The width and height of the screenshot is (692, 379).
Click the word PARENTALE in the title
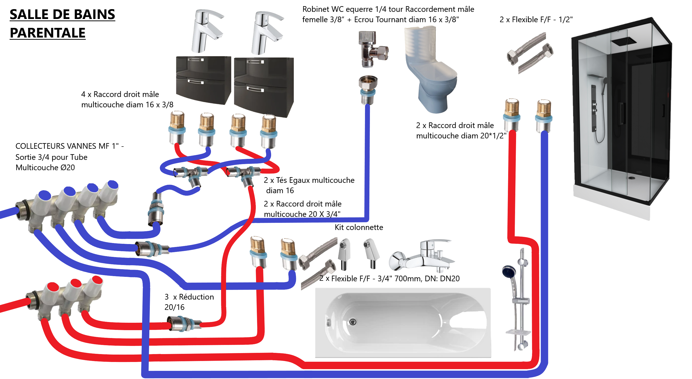[48, 33]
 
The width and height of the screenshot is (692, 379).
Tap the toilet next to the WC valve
[431, 73]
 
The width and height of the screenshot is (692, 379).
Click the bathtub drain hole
[353, 322]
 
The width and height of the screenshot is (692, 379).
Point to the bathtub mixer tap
[422, 256]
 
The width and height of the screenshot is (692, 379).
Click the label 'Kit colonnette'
[359, 227]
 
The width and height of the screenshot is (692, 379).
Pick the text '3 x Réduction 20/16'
[189, 302]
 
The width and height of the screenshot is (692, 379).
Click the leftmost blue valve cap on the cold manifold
[45, 195]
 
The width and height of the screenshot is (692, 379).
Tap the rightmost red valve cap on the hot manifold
[97, 280]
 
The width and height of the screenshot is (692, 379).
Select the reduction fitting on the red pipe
[184, 323]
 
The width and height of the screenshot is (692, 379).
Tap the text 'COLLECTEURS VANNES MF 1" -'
[69, 146]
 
